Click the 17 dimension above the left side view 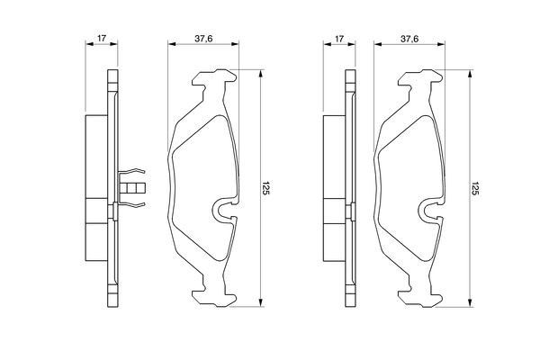(101, 38)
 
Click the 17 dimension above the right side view (339, 38)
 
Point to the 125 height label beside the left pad (267, 187)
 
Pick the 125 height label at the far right (474, 187)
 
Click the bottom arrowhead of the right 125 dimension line (468, 303)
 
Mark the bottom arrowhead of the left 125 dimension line (261, 303)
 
